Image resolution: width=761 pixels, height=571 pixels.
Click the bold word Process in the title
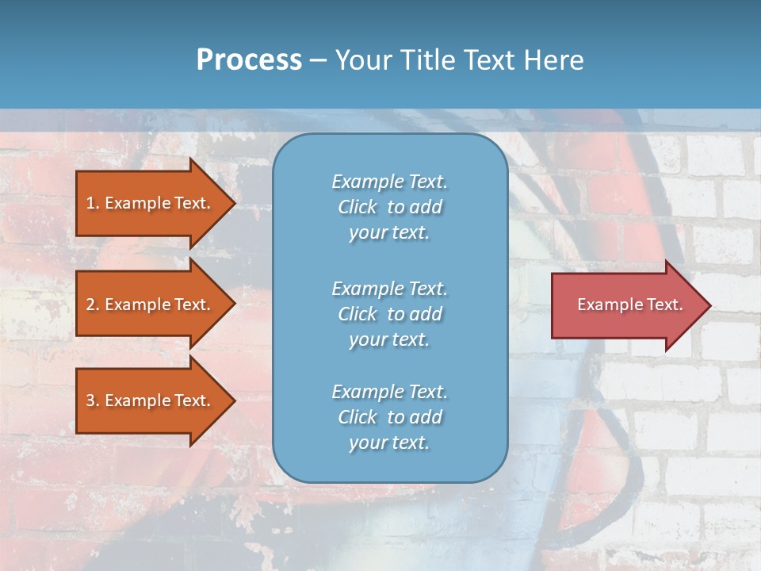pos(249,60)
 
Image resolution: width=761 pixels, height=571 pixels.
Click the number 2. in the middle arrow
pos(93,305)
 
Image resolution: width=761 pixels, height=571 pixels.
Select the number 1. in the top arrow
pos(93,203)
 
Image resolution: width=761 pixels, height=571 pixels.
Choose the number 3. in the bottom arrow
pos(93,400)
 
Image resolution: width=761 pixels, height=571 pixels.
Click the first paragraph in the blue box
pos(389,207)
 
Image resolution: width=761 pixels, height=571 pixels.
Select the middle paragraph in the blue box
pos(389,314)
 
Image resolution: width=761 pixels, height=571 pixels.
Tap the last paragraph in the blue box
pos(389,417)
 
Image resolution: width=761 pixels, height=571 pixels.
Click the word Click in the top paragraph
pos(357,207)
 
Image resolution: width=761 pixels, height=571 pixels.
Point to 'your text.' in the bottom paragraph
pos(389,443)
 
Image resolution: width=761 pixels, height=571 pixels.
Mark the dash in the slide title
pos(319,61)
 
